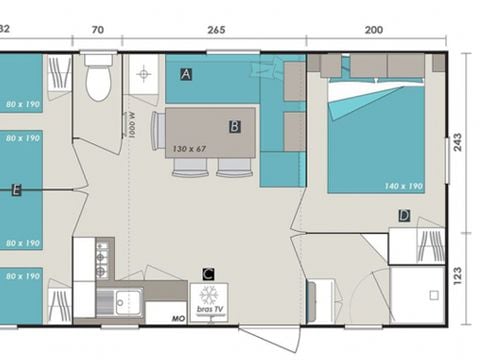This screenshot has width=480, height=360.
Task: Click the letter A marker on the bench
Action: point(187,74)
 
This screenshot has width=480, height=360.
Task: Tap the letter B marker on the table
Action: point(234,127)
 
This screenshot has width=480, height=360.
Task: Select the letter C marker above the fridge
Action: point(208,273)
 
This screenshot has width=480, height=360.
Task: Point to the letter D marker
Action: point(404,215)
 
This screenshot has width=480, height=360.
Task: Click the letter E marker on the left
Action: point(15,189)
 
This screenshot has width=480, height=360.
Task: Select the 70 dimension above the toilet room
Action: point(97,30)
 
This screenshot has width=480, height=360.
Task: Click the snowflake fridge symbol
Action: point(208,295)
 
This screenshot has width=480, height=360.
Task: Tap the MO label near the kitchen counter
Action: point(178,318)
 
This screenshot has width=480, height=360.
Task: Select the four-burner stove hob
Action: point(101,258)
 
